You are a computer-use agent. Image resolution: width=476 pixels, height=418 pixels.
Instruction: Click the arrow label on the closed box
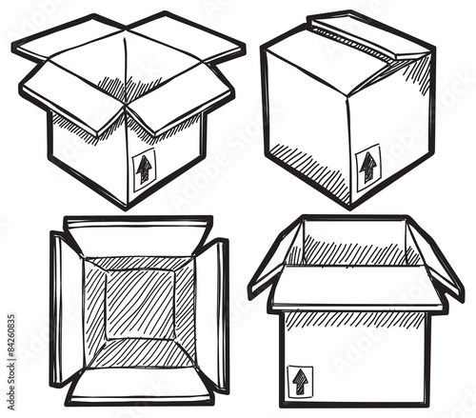point(367,166)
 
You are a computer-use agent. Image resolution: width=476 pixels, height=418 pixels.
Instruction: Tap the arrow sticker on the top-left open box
point(144,169)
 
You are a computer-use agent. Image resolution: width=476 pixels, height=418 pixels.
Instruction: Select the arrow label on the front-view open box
point(301,380)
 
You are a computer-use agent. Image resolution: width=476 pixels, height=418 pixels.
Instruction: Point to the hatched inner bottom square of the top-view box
point(139,304)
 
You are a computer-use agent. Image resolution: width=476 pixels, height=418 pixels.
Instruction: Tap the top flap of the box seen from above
point(138,236)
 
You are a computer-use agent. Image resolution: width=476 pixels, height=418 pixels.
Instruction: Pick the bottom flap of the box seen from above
point(140,384)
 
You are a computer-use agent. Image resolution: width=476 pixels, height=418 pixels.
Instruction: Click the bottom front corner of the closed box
point(351,205)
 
